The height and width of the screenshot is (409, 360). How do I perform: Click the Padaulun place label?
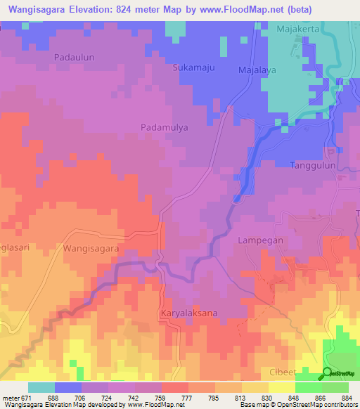tap(74, 56)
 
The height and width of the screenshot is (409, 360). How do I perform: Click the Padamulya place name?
tap(162, 127)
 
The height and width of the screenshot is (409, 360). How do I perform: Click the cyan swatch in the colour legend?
tap(41, 387)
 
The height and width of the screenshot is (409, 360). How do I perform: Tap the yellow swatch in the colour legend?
tap(281, 387)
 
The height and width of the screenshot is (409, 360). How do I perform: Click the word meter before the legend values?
tap(11, 398)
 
